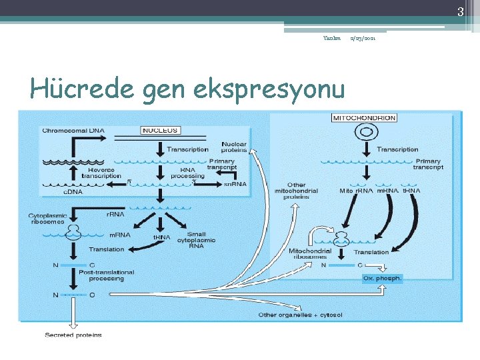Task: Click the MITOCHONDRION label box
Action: (x=364, y=118)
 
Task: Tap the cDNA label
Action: (x=73, y=191)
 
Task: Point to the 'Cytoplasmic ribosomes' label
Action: (x=47, y=219)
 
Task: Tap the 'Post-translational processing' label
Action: (x=107, y=275)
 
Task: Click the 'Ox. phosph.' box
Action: (x=382, y=278)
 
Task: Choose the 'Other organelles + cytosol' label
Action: (x=292, y=314)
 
